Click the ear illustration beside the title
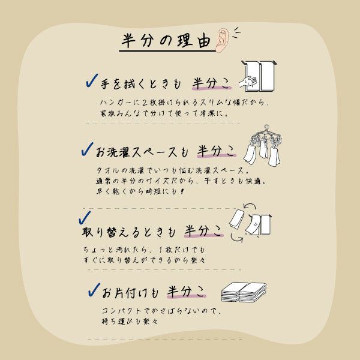[x=222, y=40]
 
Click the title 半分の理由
[x=166, y=41]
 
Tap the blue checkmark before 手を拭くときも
[x=92, y=80]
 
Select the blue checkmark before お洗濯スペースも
[x=87, y=149]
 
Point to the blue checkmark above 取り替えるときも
[x=85, y=217]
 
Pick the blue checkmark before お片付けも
[x=94, y=289]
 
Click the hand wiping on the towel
[x=248, y=82]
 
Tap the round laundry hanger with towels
[x=262, y=145]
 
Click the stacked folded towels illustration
[x=244, y=292]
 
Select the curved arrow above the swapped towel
[x=250, y=205]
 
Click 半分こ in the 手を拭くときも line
[x=211, y=83]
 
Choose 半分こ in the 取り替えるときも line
[x=203, y=231]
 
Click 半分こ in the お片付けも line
[x=186, y=292]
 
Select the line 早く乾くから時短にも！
[x=140, y=191]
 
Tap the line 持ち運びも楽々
[x=130, y=321]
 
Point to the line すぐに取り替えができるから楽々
[x=144, y=260]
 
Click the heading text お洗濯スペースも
[x=142, y=152]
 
